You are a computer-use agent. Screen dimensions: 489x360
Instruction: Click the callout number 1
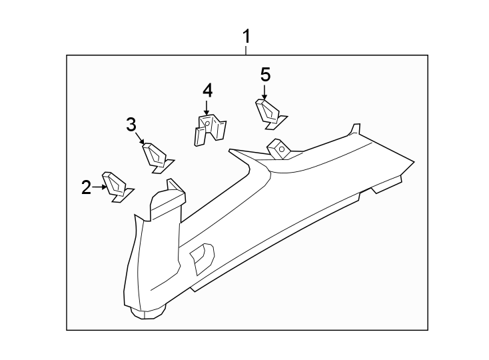246,37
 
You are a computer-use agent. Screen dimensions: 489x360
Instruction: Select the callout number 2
87,187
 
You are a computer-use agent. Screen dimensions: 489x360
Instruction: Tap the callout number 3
131,124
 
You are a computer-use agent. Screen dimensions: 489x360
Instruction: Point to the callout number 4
207,91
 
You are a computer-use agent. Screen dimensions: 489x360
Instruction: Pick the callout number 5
265,75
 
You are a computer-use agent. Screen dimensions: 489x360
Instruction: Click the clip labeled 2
117,187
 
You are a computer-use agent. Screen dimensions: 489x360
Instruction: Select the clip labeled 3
158,158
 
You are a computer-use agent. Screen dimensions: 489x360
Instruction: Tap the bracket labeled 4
210,129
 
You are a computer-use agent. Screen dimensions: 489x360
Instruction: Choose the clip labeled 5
270,114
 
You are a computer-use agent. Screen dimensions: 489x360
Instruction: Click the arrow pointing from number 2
99,187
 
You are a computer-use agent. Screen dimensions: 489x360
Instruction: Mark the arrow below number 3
140,138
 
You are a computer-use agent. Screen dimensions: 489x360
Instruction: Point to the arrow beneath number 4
206,107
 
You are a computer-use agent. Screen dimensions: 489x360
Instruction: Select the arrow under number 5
264,92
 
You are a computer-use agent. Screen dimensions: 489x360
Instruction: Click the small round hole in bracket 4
207,123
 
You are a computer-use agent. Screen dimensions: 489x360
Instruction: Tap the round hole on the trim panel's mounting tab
281,149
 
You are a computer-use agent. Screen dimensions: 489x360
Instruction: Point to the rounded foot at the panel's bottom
148,312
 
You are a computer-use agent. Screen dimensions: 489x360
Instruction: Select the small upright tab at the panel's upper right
355,129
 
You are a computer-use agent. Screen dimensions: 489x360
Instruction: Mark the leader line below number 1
246,51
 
